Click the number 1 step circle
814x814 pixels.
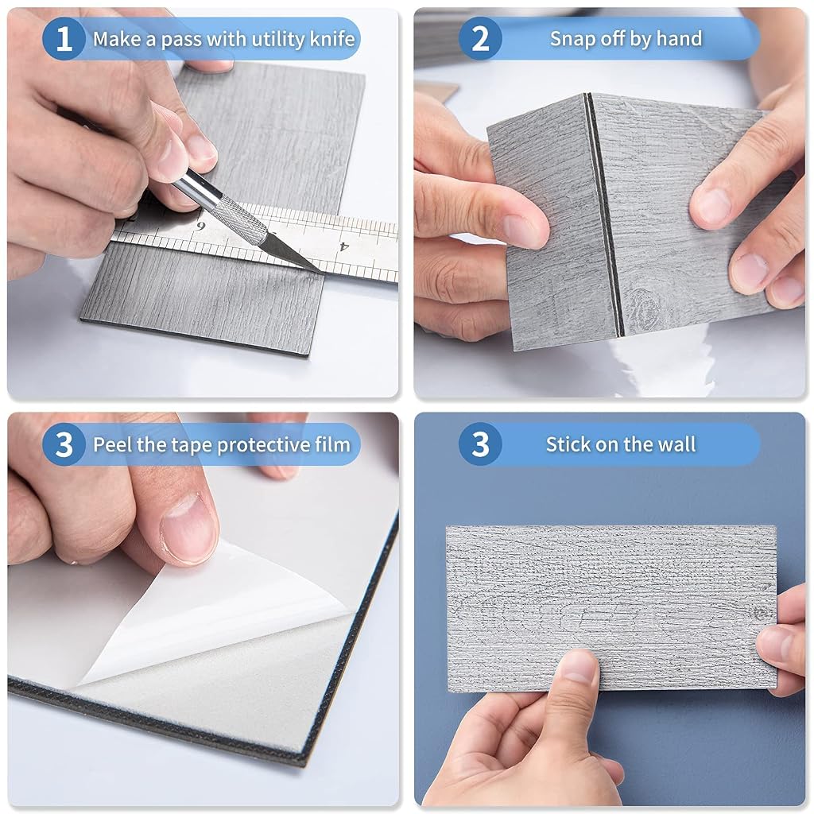(x=64, y=39)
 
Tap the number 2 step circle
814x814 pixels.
(x=480, y=38)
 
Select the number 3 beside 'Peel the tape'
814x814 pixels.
(x=64, y=444)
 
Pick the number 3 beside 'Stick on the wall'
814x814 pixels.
(x=480, y=444)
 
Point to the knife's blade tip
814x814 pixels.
(x=323, y=273)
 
